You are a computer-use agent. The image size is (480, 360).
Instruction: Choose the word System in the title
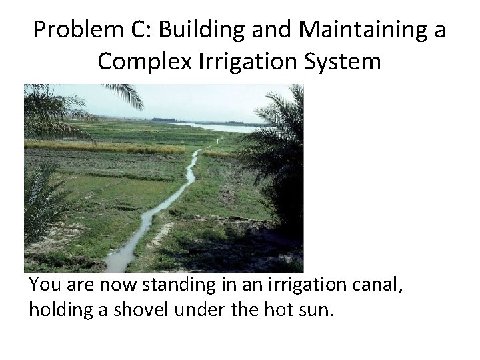[346, 61]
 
